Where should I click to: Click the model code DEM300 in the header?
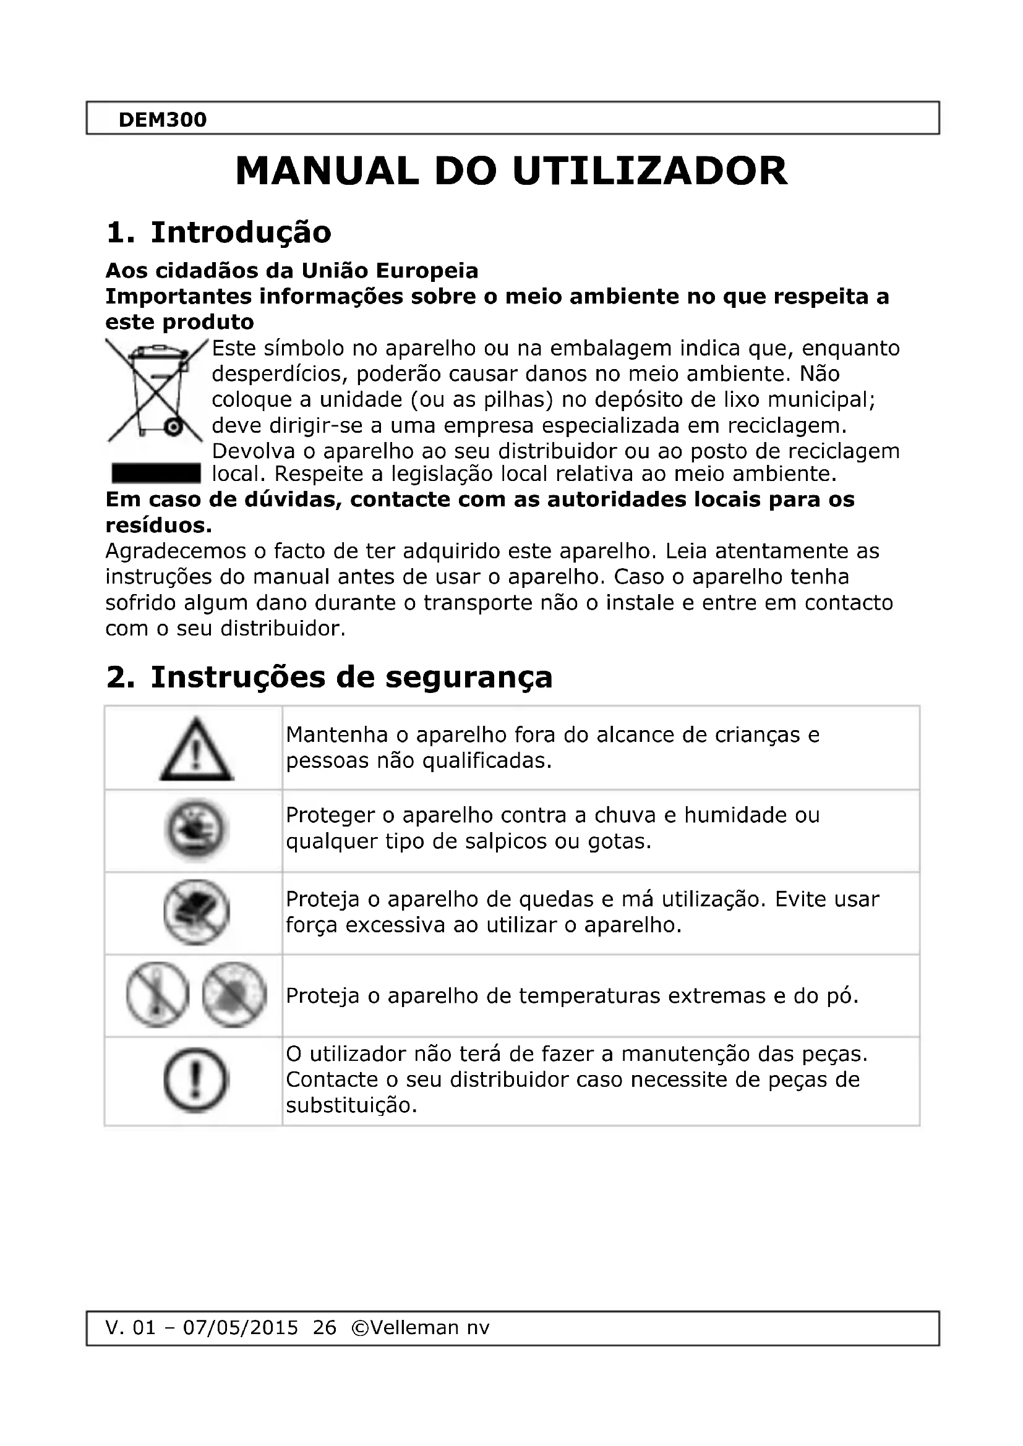pos(163,120)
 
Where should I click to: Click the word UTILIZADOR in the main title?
pos(649,171)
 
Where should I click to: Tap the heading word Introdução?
pos(241,232)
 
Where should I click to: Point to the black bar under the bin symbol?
pos(156,472)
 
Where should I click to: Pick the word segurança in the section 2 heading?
pos(469,678)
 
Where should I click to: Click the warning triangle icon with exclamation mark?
pos(196,749)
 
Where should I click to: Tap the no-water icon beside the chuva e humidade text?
pos(196,830)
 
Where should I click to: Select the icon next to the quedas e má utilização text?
pos(196,912)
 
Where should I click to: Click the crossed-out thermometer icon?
pos(158,995)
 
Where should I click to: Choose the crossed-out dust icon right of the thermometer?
pos(234,995)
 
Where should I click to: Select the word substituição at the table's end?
pos(351,1105)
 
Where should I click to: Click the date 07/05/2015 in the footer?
pos(240,1327)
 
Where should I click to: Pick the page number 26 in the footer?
pos(325,1327)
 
